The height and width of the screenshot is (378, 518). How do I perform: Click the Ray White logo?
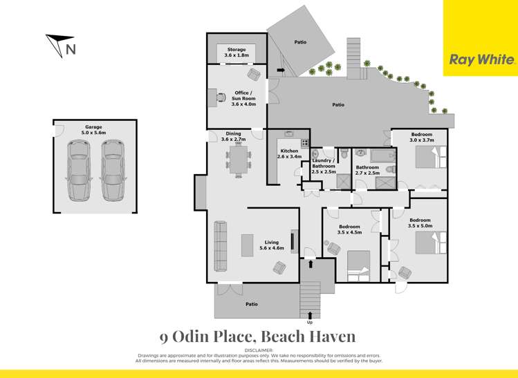(x=482, y=59)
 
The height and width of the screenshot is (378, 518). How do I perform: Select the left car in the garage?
(x=78, y=170)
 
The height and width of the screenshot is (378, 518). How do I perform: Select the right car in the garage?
(x=113, y=170)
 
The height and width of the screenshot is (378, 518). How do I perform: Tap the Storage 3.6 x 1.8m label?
(x=237, y=53)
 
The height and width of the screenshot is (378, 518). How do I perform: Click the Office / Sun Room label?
(x=243, y=98)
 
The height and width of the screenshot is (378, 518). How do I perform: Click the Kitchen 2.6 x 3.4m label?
(x=289, y=153)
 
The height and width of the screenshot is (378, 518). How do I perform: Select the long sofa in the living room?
(x=220, y=246)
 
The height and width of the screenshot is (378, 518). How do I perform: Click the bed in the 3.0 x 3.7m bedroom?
(x=425, y=160)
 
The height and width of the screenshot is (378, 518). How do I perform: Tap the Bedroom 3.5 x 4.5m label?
(x=349, y=229)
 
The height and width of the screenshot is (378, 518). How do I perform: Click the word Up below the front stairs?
(x=309, y=323)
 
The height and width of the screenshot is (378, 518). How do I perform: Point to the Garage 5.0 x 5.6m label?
(x=93, y=130)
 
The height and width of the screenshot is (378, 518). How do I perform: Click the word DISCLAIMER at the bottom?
(x=259, y=350)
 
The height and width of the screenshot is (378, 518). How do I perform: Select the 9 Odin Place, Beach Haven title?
(x=258, y=337)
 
